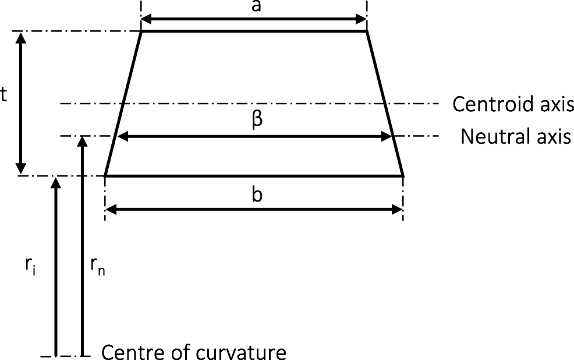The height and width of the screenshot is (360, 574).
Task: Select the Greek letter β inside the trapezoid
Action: pos(258,121)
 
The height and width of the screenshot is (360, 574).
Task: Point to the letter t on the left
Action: pos(3,96)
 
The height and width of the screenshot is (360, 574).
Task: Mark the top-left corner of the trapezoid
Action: pos(142,31)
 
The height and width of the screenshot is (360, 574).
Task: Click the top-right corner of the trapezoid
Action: pos(366,31)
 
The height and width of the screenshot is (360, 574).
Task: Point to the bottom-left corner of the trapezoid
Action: pos(105,175)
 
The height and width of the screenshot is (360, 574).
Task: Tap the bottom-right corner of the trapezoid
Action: pos(403,175)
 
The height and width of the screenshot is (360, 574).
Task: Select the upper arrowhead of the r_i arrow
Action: pos(56,181)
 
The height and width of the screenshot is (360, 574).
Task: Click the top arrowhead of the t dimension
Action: pos(22,36)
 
